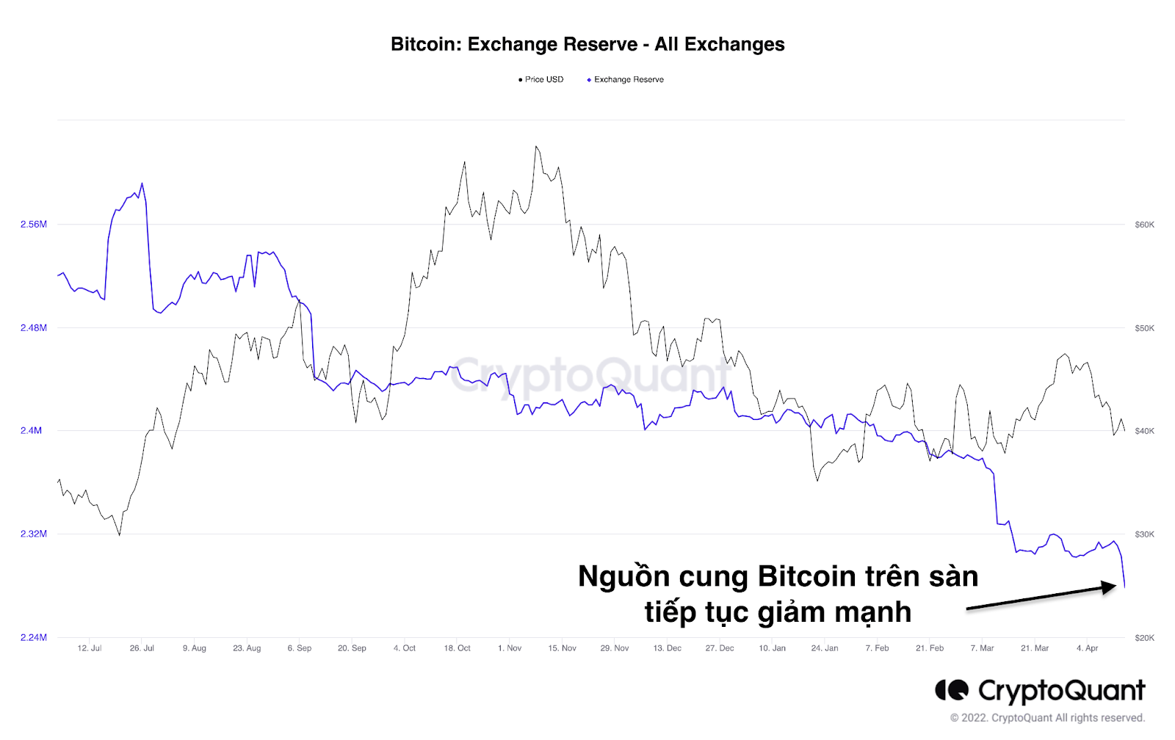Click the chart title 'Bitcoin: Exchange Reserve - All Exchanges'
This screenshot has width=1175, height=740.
[587, 45]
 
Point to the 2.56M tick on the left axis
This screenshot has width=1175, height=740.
[33, 225]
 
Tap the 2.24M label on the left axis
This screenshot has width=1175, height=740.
[33, 638]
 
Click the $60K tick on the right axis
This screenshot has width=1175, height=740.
[1144, 225]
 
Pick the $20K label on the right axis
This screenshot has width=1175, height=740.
[1144, 638]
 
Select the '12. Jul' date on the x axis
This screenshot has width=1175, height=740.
[90, 648]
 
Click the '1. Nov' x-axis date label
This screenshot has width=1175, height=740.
[510, 648]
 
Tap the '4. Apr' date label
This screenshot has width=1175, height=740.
[1087, 648]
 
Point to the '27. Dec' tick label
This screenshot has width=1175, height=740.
[720, 648]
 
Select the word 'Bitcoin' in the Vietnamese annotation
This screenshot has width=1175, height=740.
[806, 577]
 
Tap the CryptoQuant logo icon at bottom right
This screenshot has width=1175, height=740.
[952, 690]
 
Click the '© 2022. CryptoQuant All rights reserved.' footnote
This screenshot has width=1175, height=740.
[1047, 718]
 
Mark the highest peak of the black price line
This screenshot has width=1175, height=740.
[537, 146]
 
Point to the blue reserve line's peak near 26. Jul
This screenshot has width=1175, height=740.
[142, 184]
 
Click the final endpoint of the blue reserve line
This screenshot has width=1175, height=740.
[1124, 586]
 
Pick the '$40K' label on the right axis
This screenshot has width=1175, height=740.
[1144, 431]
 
